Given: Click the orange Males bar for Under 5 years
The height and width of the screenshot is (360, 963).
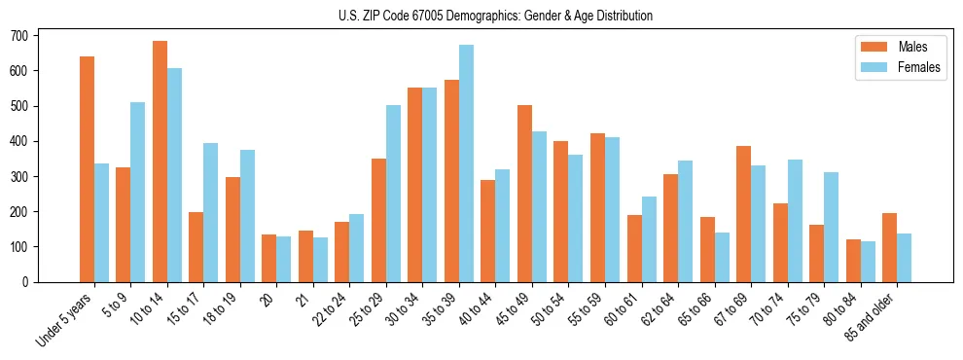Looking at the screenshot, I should point(87,169).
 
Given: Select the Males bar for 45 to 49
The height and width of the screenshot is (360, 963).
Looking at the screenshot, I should point(524,194).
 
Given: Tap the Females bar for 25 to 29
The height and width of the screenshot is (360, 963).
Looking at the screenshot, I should point(393,194).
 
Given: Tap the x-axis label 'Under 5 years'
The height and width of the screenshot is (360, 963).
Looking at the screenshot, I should point(66,317).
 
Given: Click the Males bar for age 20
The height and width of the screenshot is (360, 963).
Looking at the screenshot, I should point(269,258).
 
